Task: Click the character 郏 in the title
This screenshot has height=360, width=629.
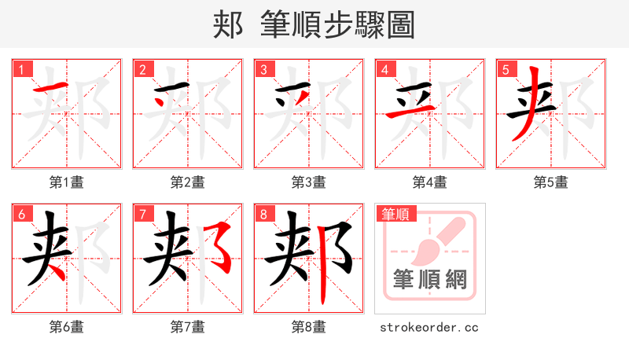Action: [227, 25]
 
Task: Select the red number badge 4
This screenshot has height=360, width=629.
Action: [384, 69]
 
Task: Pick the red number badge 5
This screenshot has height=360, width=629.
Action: [506, 69]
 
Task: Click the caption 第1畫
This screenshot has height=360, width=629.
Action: [66, 182]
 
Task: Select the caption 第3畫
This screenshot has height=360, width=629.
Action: [308, 182]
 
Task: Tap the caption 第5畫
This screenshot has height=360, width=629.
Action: [550, 182]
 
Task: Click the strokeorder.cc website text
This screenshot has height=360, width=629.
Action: [429, 327]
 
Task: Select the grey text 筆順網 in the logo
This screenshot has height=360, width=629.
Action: [429, 281]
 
